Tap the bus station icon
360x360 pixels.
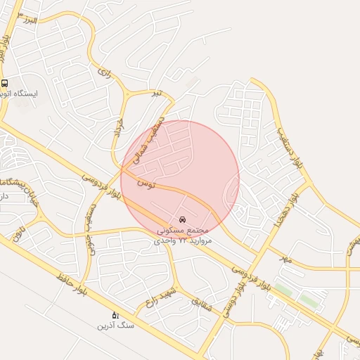[5, 82]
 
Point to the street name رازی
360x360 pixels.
[105, 72]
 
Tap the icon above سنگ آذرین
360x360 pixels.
[116, 315]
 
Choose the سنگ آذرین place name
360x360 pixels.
[115, 326]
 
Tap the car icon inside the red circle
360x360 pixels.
[184, 220]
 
